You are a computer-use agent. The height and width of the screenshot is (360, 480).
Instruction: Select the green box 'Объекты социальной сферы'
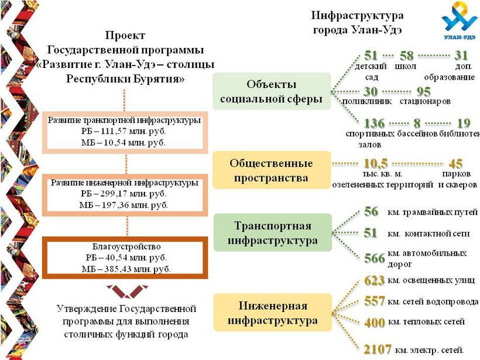272,91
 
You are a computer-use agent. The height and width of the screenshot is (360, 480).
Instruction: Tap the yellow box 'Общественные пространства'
272,170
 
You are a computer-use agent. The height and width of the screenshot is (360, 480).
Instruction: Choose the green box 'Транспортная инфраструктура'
272,232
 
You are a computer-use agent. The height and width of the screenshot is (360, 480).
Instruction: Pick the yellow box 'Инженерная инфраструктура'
272,313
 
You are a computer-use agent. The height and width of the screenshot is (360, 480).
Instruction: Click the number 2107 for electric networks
378,349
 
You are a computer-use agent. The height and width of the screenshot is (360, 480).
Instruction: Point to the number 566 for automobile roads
375,258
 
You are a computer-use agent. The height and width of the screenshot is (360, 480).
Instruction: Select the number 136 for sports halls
374,124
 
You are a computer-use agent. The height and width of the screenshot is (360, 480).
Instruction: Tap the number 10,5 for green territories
376,163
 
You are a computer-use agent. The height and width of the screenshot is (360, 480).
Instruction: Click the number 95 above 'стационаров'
424,92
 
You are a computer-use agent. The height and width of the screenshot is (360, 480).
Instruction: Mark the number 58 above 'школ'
406,56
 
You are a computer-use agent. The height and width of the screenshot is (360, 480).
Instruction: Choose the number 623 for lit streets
375,280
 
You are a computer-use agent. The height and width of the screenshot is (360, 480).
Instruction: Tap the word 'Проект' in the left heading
125,35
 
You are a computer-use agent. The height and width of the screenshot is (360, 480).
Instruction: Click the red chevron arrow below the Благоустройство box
128,292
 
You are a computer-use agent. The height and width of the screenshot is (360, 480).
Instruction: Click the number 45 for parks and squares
455,164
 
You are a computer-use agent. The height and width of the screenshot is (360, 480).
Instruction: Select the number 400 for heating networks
375,323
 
